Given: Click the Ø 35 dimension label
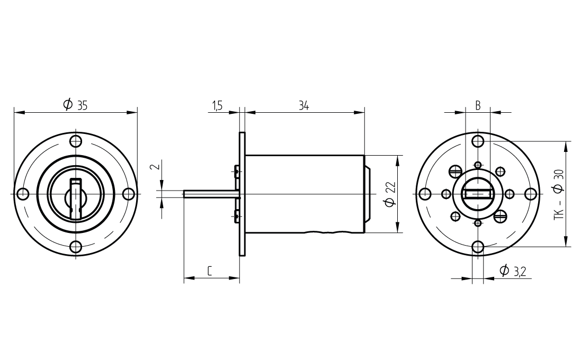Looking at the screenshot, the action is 75,105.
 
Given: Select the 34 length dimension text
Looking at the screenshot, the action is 304,106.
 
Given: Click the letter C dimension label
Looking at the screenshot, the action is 209,271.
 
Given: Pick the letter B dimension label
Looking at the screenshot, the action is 478,106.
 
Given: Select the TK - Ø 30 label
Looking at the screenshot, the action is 559,195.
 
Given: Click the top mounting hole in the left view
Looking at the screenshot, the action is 76,141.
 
